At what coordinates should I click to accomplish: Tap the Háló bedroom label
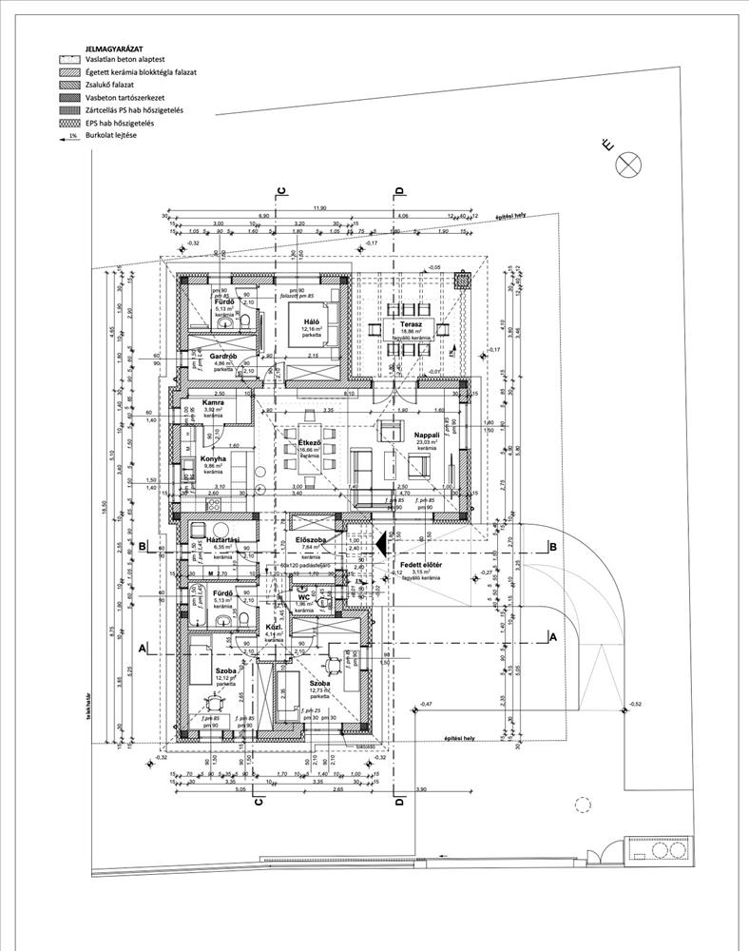tap(311, 321)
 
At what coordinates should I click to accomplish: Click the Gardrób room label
tap(223, 356)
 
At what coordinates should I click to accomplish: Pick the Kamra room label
tap(213, 402)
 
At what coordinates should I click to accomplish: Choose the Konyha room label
tap(213, 457)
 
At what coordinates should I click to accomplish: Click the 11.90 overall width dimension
tap(319, 207)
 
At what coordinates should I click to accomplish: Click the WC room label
tap(304, 597)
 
